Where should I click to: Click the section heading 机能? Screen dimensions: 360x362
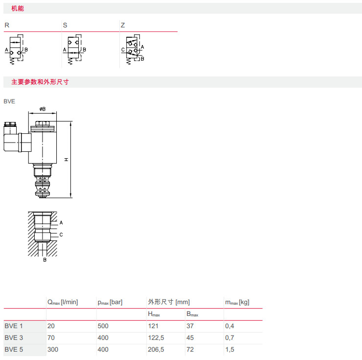tap(17, 8)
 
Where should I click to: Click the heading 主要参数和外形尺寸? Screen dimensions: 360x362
tap(40, 82)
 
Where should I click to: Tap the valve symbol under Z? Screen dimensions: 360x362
tap(132, 49)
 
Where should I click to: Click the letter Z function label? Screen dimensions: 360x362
tap(123, 24)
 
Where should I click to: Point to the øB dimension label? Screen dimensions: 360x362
tap(43, 109)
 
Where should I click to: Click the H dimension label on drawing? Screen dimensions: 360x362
tap(66, 159)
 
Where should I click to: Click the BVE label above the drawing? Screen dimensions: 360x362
tap(9, 101)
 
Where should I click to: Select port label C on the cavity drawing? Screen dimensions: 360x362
tap(61, 235)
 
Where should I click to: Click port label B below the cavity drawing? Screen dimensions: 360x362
tap(45, 260)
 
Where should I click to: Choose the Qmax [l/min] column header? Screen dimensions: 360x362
tap(62, 302)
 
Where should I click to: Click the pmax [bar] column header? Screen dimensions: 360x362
tap(110, 302)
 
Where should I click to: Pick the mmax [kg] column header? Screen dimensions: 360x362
tap(237, 302)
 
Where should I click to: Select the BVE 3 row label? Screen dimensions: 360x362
tap(14, 337)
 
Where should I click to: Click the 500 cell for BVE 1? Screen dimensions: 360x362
tap(103, 326)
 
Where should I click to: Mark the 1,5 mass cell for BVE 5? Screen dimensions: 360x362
tap(229, 349)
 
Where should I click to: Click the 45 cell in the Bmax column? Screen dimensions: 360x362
tap(190, 337)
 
